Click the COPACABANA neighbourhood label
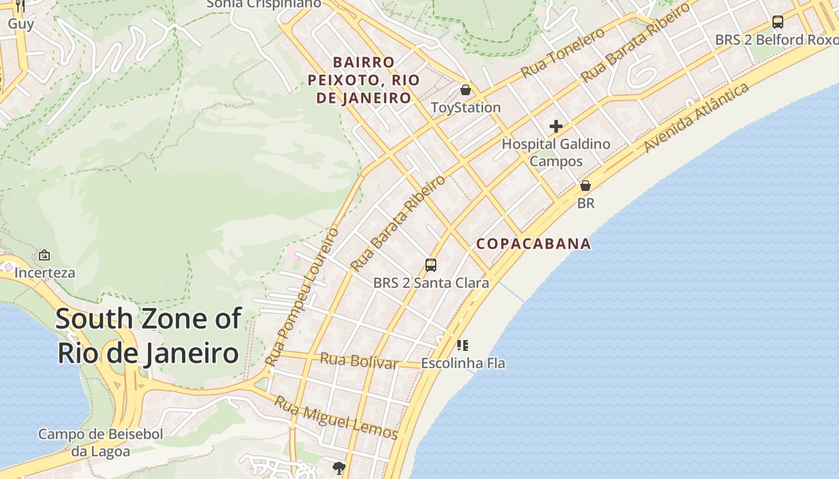click(533, 244)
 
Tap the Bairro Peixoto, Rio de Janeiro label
click(364, 80)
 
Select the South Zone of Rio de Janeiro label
click(149, 336)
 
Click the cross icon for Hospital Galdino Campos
click(556, 126)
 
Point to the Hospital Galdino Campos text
click(556, 152)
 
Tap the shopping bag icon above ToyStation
click(466, 90)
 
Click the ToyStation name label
click(466, 108)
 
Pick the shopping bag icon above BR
click(586, 186)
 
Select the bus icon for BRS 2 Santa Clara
click(430, 265)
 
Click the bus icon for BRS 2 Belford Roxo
click(777, 22)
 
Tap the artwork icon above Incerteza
click(44, 255)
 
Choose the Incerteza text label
click(45, 273)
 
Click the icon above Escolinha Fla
click(462, 345)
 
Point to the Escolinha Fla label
click(463, 363)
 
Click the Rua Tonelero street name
click(563, 53)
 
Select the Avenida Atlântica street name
click(696, 118)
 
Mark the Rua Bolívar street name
click(359, 361)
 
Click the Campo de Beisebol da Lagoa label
click(101, 442)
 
